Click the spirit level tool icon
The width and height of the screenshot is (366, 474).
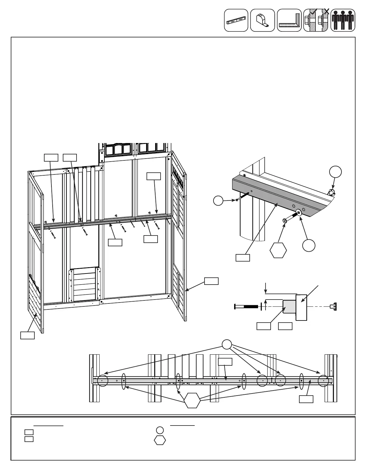[236, 20]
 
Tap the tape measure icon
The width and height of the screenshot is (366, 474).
[262, 20]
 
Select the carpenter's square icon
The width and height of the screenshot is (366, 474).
[289, 20]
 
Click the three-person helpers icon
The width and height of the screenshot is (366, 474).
[343, 20]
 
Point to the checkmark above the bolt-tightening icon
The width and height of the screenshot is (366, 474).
[314, 12]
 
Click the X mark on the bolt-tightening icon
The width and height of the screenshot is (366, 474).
[327, 12]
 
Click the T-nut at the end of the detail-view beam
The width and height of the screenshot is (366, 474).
[331, 192]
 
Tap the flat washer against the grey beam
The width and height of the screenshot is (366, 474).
[298, 212]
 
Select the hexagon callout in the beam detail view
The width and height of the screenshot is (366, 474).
[278, 250]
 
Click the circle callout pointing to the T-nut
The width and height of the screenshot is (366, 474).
[335, 172]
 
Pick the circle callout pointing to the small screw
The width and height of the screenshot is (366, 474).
[219, 200]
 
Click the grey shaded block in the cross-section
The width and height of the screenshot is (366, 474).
[289, 306]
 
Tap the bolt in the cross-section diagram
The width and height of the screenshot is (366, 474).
[246, 306]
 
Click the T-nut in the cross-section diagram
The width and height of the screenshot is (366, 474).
[334, 306]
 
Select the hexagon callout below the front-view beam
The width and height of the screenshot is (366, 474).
[192, 400]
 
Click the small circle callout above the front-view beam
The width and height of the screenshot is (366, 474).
[227, 344]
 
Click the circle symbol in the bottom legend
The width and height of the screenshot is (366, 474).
[160, 430]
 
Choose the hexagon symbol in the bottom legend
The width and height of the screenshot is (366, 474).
[160, 440]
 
